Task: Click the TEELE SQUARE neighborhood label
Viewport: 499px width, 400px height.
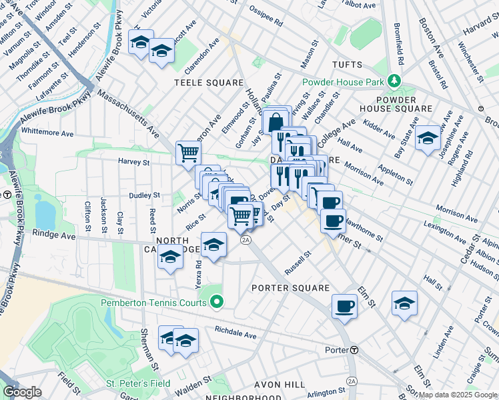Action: click(x=209, y=83)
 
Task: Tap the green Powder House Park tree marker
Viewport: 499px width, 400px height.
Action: click(x=395, y=82)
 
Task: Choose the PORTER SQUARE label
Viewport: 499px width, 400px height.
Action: click(x=290, y=288)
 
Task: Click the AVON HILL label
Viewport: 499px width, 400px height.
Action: click(x=281, y=385)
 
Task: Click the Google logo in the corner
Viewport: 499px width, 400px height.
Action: click(x=22, y=392)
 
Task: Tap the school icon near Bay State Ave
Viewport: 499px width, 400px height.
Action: click(x=428, y=138)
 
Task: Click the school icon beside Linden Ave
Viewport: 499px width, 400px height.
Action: click(x=404, y=303)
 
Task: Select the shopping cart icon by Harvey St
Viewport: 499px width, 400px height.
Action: click(x=189, y=153)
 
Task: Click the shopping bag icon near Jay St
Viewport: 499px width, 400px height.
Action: click(x=274, y=122)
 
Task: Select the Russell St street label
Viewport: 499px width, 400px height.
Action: click(x=298, y=263)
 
